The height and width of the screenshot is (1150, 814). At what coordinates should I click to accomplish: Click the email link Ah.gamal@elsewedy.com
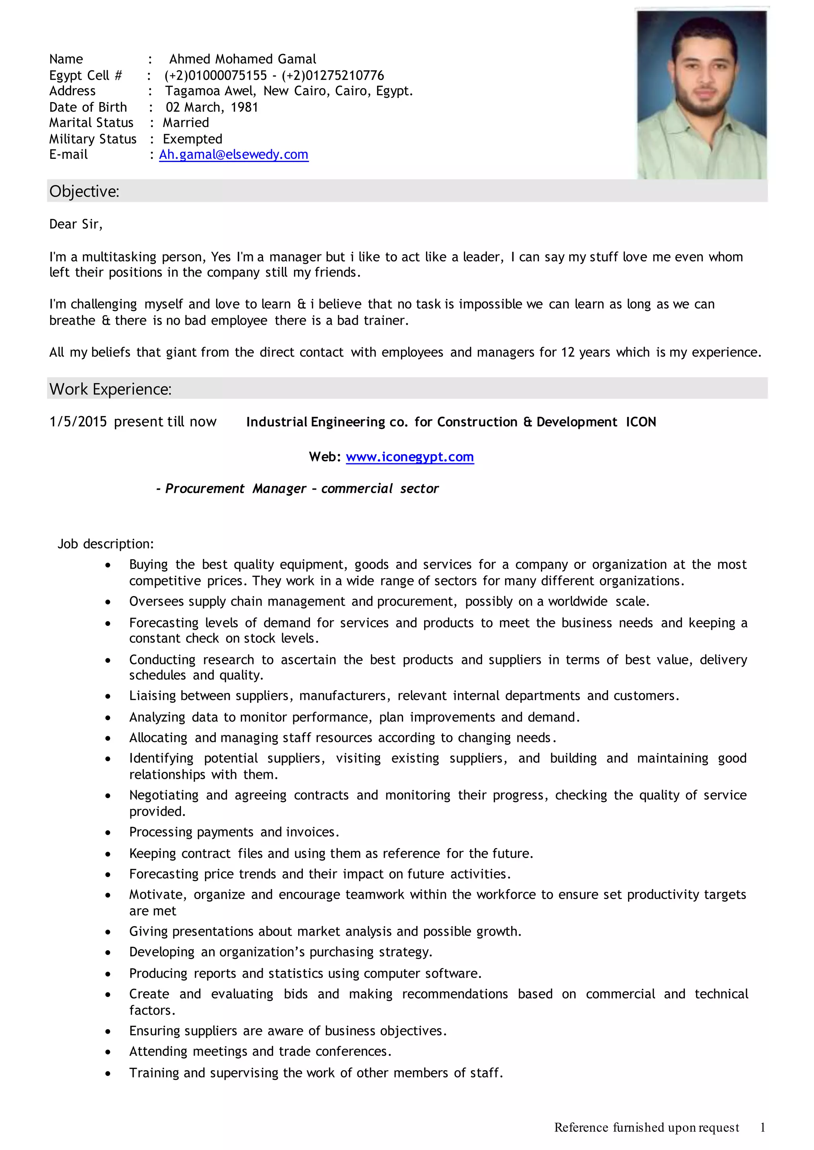coord(234,155)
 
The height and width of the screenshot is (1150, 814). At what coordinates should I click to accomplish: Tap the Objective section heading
coord(84,191)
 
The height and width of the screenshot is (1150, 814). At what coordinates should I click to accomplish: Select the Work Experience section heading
coord(110,389)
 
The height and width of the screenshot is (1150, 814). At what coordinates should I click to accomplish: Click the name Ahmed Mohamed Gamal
coord(242,59)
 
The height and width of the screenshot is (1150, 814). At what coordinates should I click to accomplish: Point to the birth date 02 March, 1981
coord(212,107)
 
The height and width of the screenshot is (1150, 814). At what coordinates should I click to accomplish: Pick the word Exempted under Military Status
coord(192,139)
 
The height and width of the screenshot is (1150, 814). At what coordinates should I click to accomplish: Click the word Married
coord(186,123)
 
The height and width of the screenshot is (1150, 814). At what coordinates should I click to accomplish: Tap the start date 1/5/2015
coord(78,422)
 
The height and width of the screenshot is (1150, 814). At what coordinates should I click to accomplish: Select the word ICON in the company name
coord(641,422)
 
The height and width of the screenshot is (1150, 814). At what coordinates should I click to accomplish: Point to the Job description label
coord(106,544)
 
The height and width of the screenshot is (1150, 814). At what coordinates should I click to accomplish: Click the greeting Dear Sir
coord(76,224)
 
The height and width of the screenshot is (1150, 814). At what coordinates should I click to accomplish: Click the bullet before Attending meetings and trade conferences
coord(108,1052)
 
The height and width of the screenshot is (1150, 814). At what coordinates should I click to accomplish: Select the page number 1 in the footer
coord(762,1127)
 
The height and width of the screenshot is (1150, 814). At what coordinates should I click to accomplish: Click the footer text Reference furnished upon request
coord(647,1127)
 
